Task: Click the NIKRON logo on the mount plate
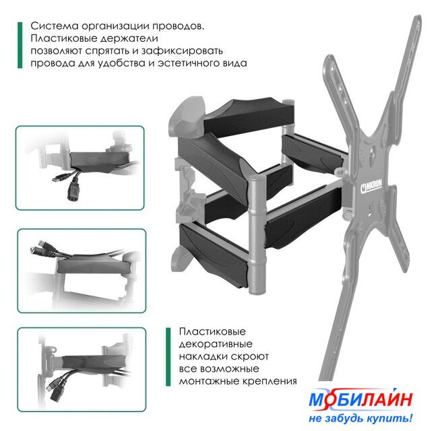click(371, 186)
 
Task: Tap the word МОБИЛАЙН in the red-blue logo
click(361, 400)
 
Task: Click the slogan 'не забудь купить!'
click(361, 418)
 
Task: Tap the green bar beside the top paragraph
click(20, 45)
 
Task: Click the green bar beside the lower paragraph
click(168, 357)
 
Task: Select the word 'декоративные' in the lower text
click(216, 344)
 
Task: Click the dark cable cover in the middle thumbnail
click(94, 265)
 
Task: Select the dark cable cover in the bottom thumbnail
click(93, 362)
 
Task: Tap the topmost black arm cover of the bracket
click(249, 117)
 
